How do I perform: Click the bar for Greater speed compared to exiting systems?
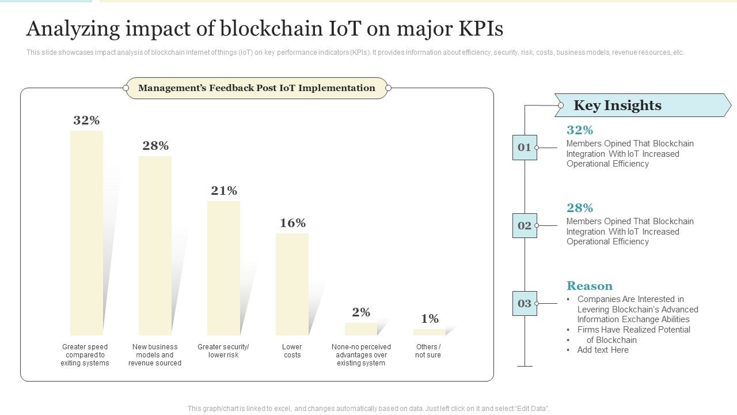point(86,233)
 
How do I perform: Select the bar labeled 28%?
point(155,246)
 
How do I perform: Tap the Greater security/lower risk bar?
point(223,268)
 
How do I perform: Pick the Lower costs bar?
point(292,284)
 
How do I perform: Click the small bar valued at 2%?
point(361,329)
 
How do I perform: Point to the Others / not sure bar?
point(429,332)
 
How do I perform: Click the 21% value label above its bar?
point(224,191)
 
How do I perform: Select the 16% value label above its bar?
point(292,223)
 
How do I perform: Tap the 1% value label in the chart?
point(430,319)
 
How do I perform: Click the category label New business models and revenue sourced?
point(155,355)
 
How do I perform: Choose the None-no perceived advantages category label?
point(361,355)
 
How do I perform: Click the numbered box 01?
point(525,148)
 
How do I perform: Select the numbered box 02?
point(525,226)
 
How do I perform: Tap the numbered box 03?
point(525,304)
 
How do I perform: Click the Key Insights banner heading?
point(617,105)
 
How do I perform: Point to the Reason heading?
point(590,286)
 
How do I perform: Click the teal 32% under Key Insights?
point(580,130)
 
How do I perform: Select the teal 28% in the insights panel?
point(580,208)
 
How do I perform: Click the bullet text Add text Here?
point(603,350)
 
